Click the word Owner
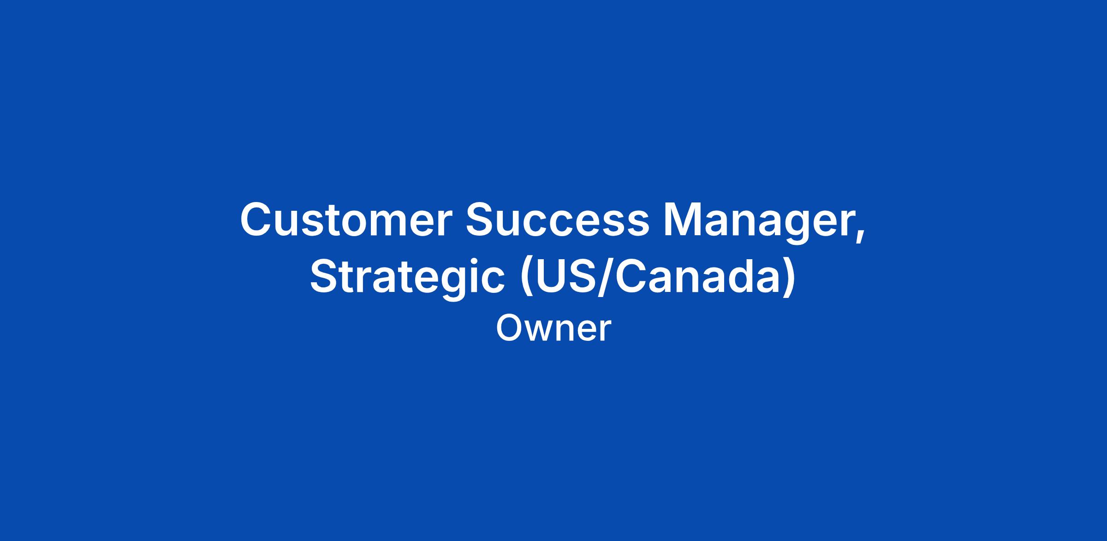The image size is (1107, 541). click(x=553, y=328)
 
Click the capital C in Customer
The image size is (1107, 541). click(x=257, y=220)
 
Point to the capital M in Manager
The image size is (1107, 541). click(x=683, y=220)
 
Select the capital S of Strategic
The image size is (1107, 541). click(x=326, y=276)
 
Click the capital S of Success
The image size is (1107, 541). click(x=481, y=220)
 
